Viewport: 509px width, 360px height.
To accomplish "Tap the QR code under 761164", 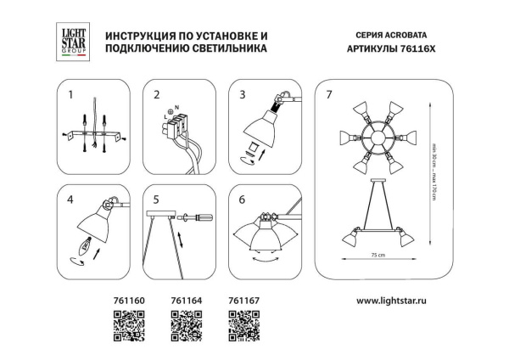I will (x=185, y=325).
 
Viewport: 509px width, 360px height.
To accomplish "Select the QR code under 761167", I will (x=243, y=325).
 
